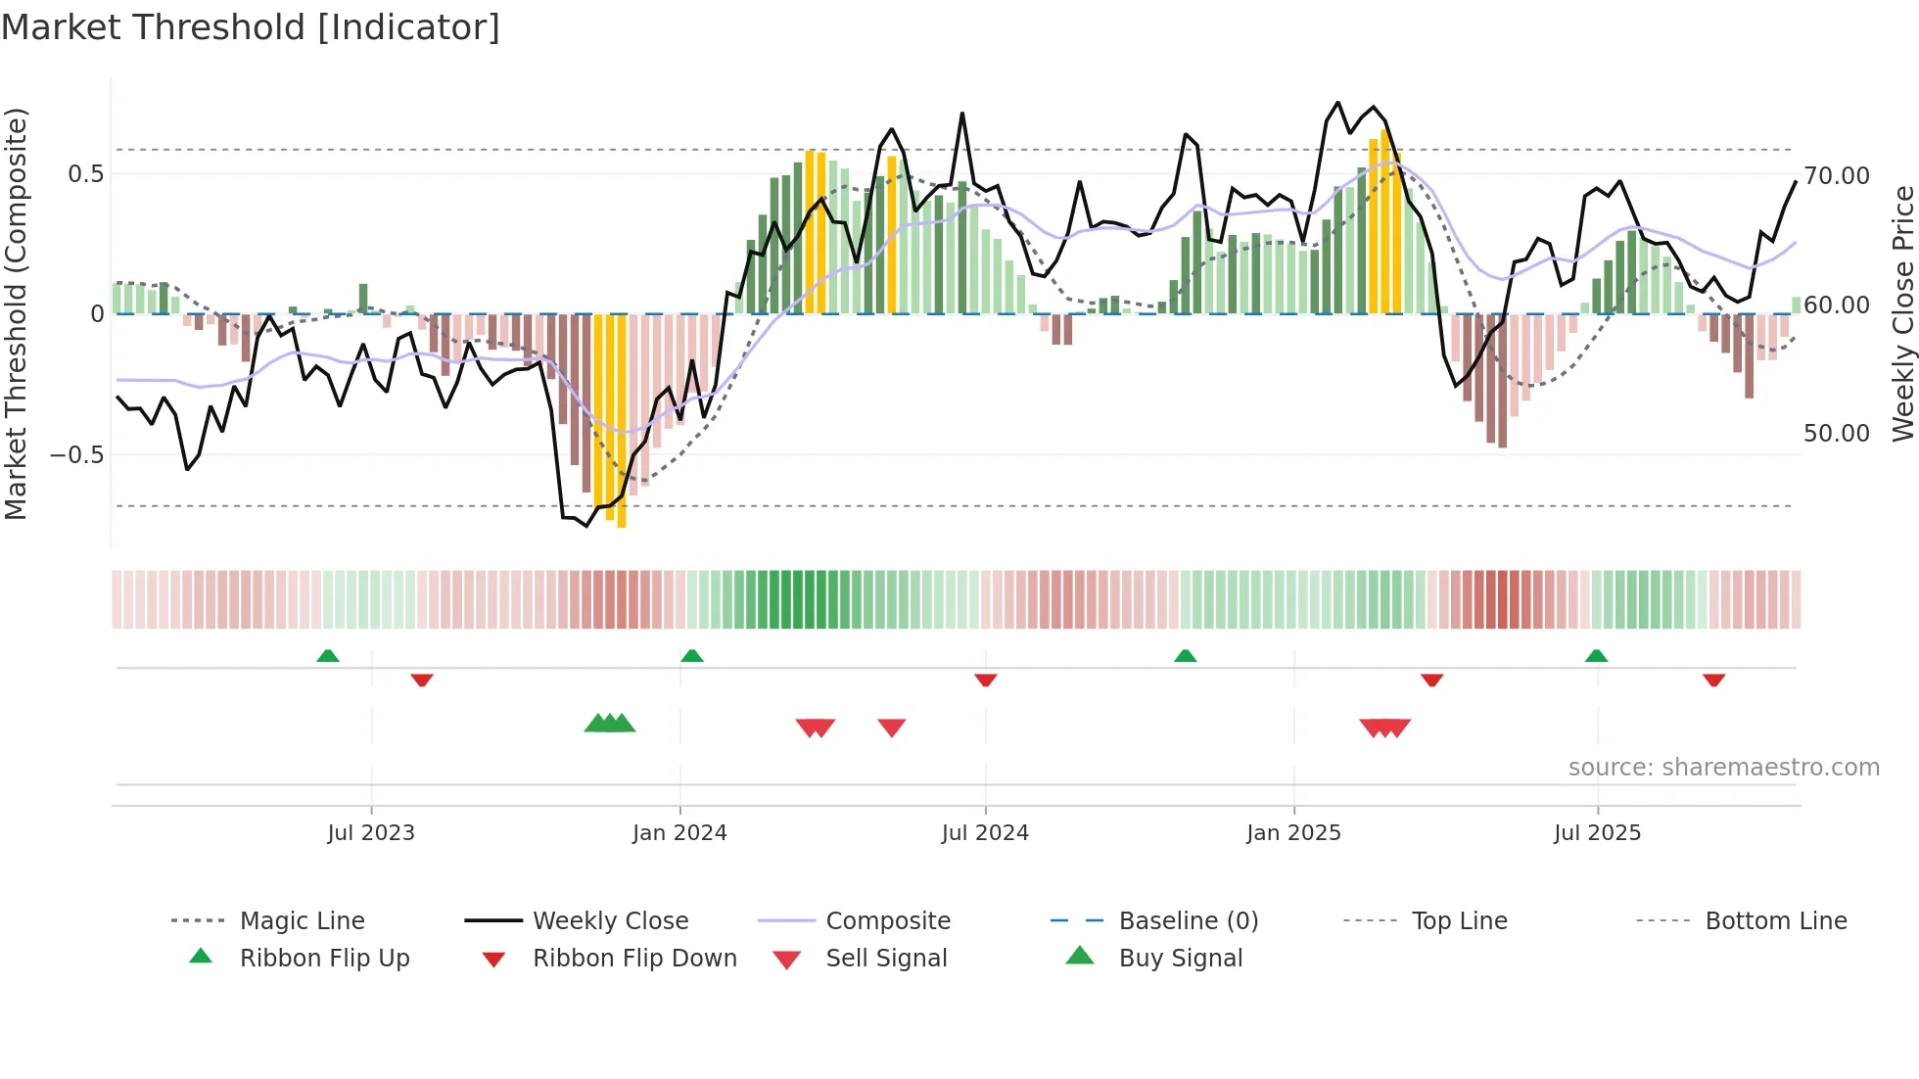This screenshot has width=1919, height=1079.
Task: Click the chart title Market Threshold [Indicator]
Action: click(x=251, y=27)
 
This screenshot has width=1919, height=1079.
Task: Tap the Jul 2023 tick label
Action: click(x=371, y=833)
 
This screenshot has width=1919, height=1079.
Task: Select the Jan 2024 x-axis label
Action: click(x=679, y=833)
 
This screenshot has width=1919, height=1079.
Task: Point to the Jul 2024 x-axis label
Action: click(x=985, y=833)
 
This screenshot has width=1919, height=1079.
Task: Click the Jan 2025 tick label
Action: click(x=1293, y=833)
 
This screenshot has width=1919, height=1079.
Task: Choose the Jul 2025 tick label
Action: click(x=1597, y=833)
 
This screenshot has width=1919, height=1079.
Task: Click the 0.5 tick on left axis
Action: click(x=85, y=174)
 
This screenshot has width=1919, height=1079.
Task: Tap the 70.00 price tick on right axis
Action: click(x=1837, y=176)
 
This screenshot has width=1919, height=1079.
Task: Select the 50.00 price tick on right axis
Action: click(x=1837, y=434)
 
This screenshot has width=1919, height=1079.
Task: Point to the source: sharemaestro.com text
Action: click(x=1723, y=768)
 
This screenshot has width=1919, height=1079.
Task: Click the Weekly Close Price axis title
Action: click(x=1902, y=313)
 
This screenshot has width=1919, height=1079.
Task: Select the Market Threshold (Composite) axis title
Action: click(x=16, y=313)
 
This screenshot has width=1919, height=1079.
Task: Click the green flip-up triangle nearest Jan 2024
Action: click(x=692, y=656)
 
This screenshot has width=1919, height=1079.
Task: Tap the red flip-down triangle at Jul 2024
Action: click(x=986, y=680)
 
